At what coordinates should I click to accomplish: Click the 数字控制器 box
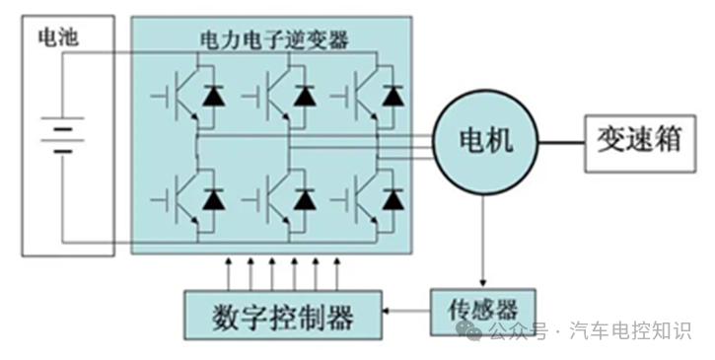coord(283,316)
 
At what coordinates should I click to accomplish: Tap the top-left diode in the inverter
coord(212,96)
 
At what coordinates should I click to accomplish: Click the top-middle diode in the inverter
coord(304,96)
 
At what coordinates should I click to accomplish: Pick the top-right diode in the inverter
coord(393,96)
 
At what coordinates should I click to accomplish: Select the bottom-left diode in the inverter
coord(212,199)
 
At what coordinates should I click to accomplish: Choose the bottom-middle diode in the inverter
coord(304,199)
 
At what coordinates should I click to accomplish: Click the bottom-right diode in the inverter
coord(393,199)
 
